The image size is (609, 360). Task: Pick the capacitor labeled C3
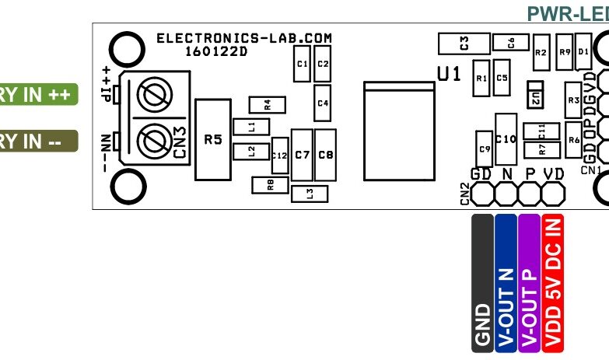464,44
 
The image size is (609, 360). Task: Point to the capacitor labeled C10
506,139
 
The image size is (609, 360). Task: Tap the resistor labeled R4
267,104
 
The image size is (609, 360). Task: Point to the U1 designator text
450,74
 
